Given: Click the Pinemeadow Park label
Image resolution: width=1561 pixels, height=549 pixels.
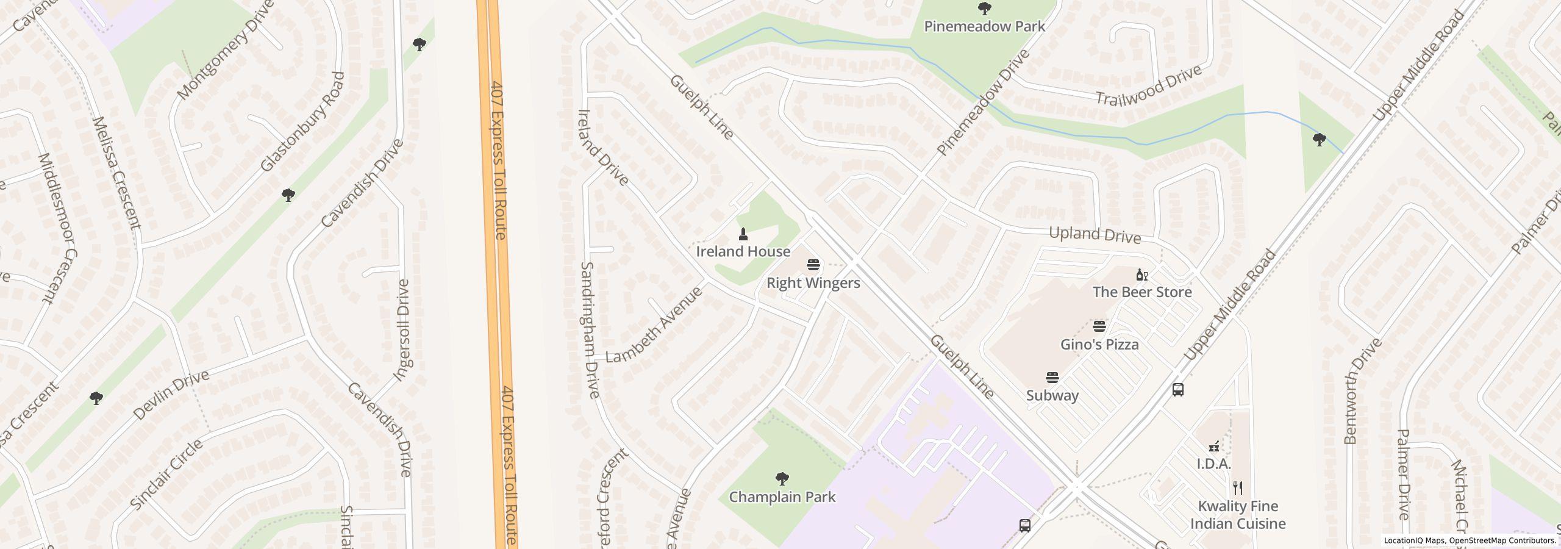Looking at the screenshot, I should click(984, 26).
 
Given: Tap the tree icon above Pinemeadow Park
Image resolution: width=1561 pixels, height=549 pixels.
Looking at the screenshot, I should click(984, 9).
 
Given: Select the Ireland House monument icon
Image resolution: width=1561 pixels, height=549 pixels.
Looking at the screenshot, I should click(743, 234).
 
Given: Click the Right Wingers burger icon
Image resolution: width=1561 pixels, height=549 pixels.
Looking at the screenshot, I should click(813, 265).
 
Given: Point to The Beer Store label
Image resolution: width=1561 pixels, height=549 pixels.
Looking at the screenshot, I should click(1141, 292).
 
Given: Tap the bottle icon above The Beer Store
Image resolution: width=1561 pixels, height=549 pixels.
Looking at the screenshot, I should click(1141, 275).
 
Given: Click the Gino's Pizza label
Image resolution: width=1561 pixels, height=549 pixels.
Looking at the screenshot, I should click(1099, 345).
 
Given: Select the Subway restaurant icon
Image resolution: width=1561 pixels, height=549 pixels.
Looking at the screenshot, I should click(1052, 378).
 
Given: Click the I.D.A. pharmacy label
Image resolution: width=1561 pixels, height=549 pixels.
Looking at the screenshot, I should click(1213, 464).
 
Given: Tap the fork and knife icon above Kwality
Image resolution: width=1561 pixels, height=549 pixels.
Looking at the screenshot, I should click(1237, 488).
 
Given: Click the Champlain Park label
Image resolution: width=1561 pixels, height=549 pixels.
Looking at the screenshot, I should click(782, 497).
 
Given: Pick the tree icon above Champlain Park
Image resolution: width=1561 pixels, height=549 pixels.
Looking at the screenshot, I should click(782, 479).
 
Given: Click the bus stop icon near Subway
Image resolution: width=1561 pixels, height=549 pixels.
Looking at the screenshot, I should click(1177, 390).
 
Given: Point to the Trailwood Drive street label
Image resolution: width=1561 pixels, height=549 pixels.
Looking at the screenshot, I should click(1148, 86).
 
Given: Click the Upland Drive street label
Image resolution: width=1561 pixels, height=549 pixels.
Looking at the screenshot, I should click(1095, 235).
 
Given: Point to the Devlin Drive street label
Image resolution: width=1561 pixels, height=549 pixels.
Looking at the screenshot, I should click(171, 395).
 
